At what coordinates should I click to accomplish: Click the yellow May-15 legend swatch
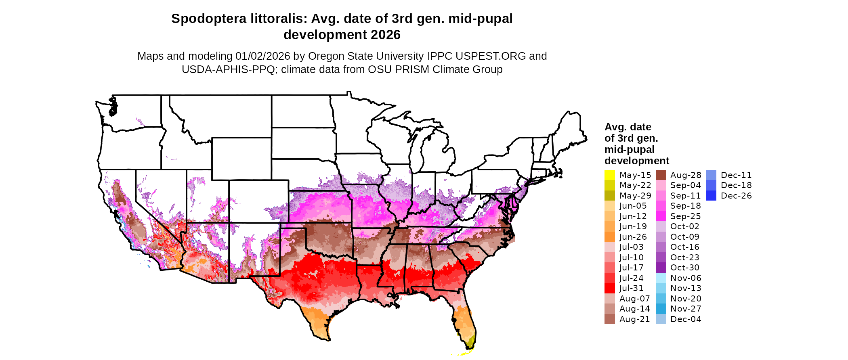coord(609,175)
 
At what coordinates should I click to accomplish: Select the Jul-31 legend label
coord(631,288)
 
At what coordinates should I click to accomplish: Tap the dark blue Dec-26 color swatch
coord(711,196)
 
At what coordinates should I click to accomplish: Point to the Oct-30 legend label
coord(684,268)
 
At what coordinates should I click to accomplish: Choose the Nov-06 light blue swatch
coord(661,278)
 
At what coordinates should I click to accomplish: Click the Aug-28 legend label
coord(686,175)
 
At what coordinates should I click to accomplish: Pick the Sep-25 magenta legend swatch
coord(661,216)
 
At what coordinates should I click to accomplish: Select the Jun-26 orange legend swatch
coord(609,237)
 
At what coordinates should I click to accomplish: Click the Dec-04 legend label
coord(686,319)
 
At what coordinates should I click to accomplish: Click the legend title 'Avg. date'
coord(628,127)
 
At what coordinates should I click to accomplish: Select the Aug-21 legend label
coord(634,319)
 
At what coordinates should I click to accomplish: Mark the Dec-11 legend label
coord(736,175)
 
